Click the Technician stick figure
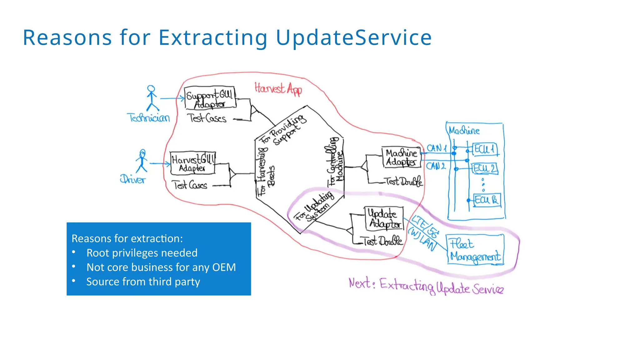coord(152,98)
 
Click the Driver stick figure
coord(142,161)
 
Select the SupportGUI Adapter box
coord(210,98)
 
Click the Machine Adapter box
coord(401,157)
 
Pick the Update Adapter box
coord(384,218)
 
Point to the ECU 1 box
coord(485,149)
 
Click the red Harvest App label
coord(278,89)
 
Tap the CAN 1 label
coord(437,148)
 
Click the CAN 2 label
coord(436,166)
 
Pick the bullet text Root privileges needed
coord(142,253)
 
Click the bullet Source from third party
coord(143,282)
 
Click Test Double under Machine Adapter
coord(403,181)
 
